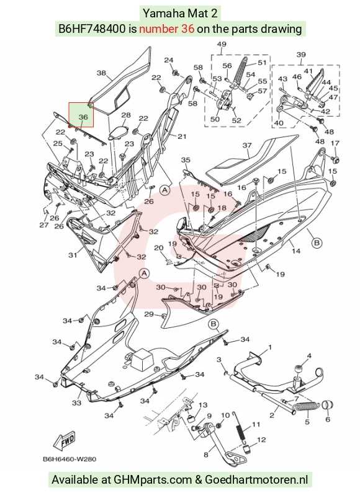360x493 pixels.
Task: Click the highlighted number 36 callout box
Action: [x=81, y=115]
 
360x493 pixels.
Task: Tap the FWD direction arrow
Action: [x=65, y=440]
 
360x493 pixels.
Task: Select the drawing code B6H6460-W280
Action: [x=70, y=460]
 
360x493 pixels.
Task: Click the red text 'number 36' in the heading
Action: [x=166, y=29]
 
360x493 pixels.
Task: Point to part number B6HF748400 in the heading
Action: [x=92, y=29]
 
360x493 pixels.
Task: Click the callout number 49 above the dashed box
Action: [x=222, y=44]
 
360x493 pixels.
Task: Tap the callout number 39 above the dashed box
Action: [x=301, y=55]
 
